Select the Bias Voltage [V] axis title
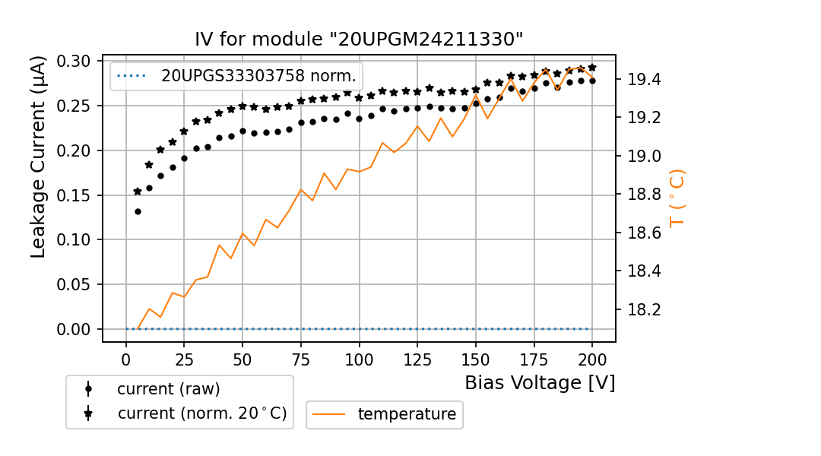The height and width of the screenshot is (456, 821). click(540, 382)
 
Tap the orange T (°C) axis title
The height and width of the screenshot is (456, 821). click(677, 198)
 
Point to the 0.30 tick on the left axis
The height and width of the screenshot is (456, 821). click(74, 62)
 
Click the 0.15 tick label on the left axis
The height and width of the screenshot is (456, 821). click(74, 195)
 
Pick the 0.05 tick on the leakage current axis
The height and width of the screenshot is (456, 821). click(74, 285)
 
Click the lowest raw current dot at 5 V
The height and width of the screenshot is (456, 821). click(138, 211)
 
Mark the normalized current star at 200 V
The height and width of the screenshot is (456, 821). click(592, 68)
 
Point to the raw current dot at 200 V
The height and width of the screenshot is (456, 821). click(592, 81)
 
